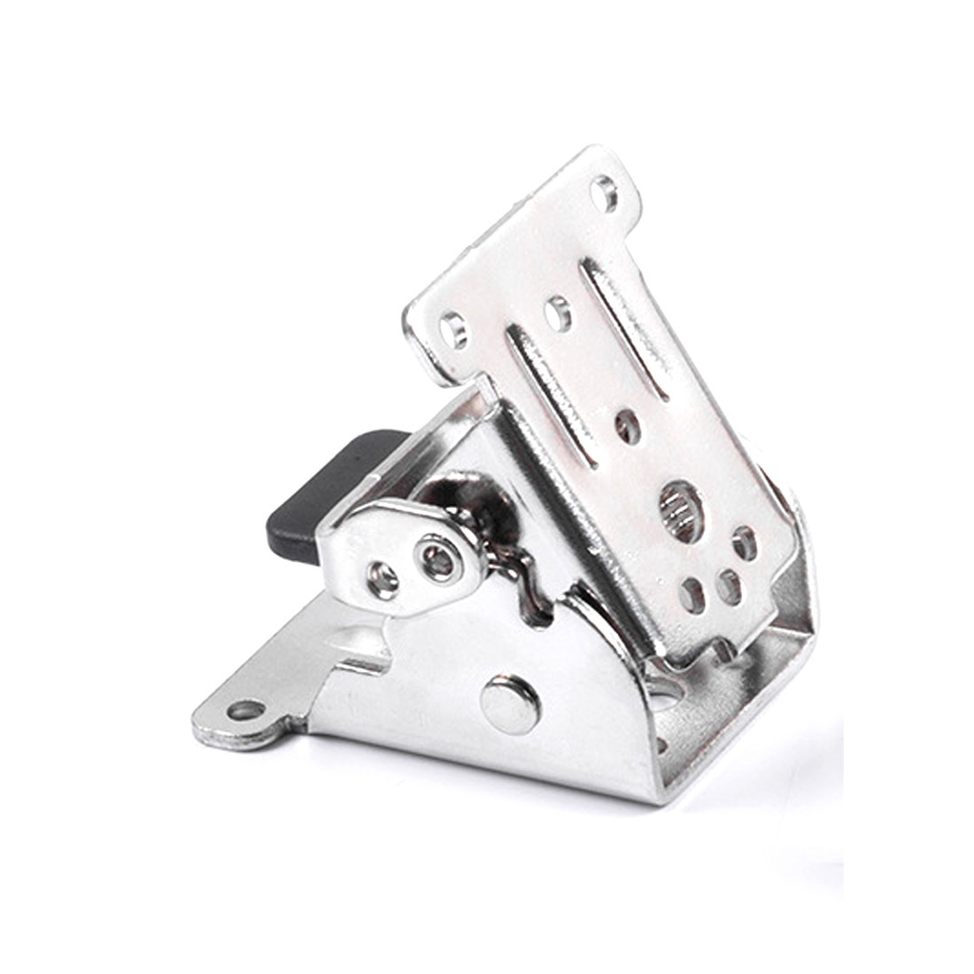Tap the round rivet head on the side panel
coord(510,705)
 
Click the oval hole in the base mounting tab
coord(245,710)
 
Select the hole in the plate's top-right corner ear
coord(605,193)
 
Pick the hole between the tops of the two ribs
coord(559,314)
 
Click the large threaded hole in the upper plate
coord(681,511)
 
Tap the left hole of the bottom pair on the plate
coord(692,595)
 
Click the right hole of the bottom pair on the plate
coord(730,587)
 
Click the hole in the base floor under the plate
coord(666,690)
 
